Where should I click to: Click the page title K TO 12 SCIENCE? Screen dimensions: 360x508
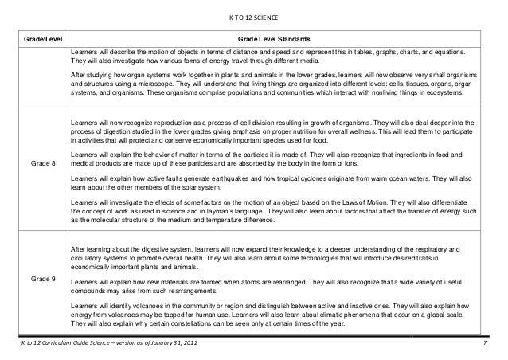(255, 18)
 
